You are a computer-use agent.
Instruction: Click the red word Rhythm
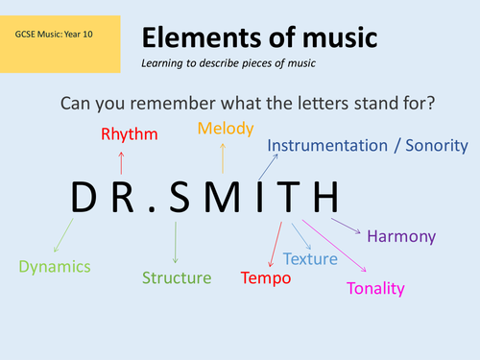pyautogui.click(x=129, y=134)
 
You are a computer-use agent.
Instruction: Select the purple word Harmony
pyautogui.click(x=401, y=236)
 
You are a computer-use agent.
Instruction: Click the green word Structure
pyautogui.click(x=177, y=278)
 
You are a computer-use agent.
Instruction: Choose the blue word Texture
pyautogui.click(x=311, y=258)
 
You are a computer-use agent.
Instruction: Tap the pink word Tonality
pyautogui.click(x=375, y=288)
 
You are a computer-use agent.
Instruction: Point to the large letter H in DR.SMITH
pyautogui.click(x=322, y=198)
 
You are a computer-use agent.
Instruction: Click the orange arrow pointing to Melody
pyautogui.click(x=223, y=156)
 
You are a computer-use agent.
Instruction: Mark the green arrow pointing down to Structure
pyautogui.click(x=175, y=243)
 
